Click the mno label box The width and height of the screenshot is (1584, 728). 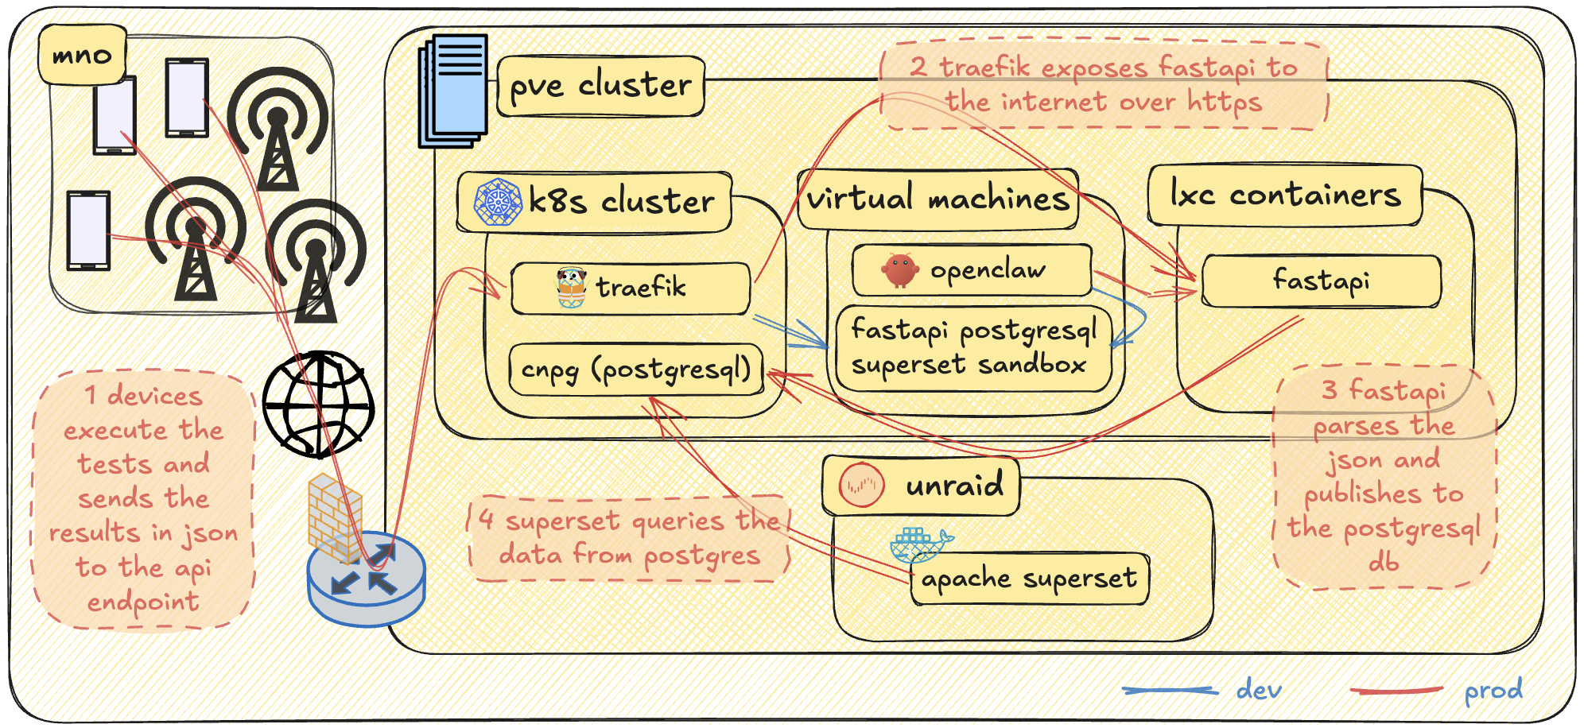82,55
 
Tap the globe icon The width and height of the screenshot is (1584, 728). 318,405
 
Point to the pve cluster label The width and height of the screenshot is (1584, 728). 600,86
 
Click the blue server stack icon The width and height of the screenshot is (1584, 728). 454,91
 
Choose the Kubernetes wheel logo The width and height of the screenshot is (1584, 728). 497,202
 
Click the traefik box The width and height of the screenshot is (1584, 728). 630,288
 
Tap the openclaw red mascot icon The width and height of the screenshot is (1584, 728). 900,271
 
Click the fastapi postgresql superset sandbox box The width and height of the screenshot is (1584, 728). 973,348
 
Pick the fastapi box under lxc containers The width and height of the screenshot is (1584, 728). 1321,281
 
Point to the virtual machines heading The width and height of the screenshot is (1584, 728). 938,199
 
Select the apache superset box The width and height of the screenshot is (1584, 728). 1029,579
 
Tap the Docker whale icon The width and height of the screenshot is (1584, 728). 919,544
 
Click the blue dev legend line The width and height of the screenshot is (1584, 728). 1170,691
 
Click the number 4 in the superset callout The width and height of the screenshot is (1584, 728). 487,520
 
